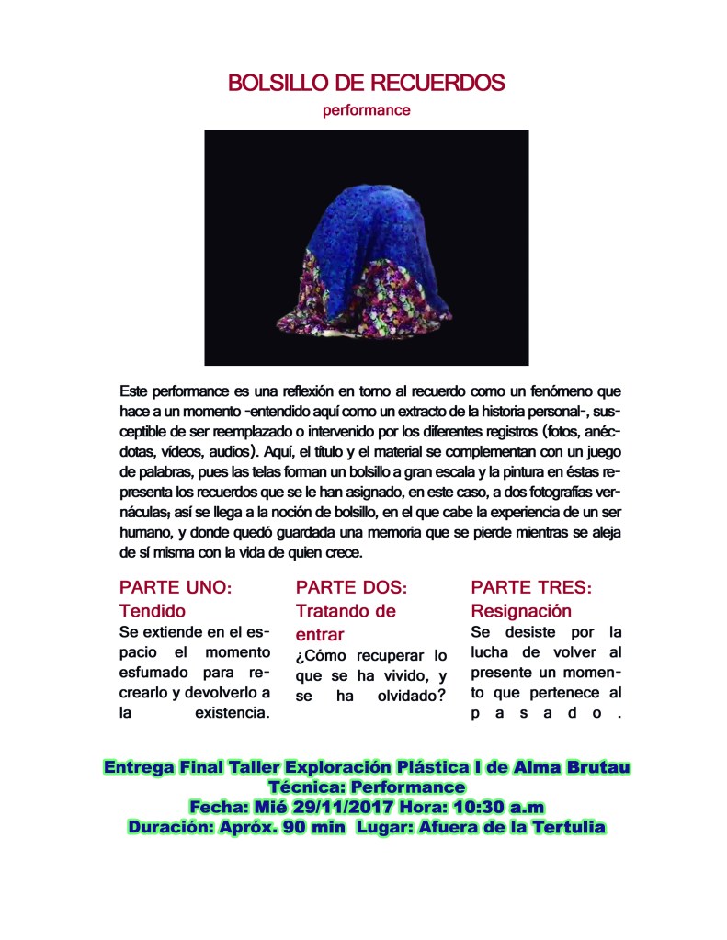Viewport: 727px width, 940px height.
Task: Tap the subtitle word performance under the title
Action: click(366, 110)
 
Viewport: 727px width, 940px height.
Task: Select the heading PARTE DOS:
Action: click(350, 586)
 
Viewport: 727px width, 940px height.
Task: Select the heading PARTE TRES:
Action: click(530, 586)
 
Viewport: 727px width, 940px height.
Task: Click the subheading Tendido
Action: click(153, 610)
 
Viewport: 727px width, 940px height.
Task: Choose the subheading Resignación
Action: click(520, 610)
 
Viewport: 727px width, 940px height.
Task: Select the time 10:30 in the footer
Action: click(483, 807)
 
